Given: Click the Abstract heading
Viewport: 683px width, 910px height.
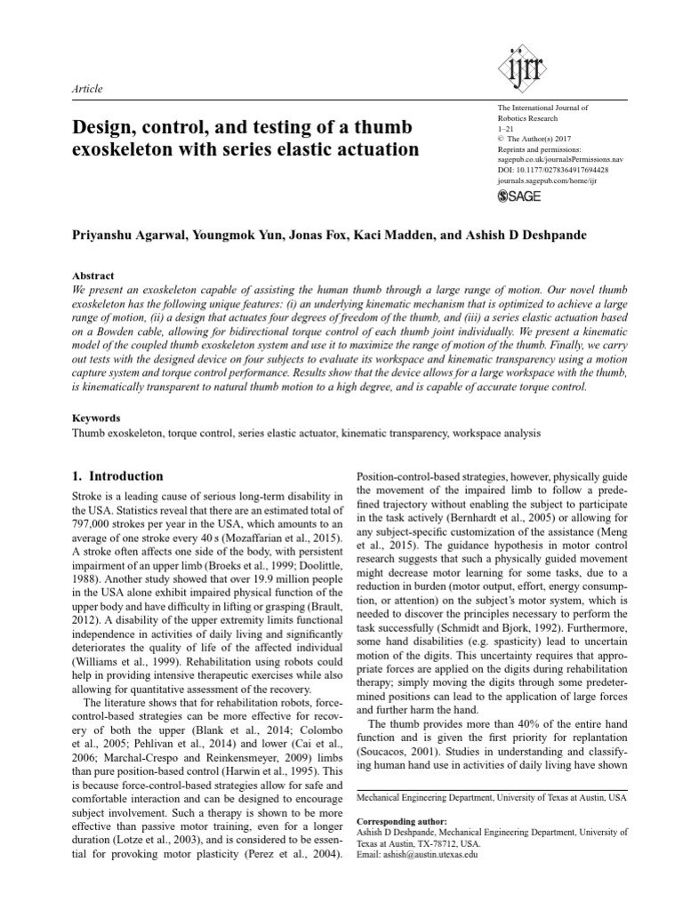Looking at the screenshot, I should [x=92, y=276].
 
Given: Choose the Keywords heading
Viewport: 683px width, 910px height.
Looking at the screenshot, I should [x=96, y=417].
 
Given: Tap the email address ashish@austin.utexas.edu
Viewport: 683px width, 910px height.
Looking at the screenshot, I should [x=416, y=854].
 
